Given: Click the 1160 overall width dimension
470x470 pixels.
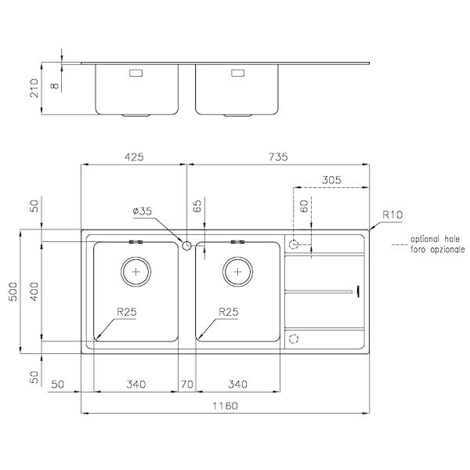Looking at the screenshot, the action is [225, 406].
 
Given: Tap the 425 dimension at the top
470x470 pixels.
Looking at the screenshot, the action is [134, 157].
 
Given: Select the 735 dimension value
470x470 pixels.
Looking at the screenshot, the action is [278, 157].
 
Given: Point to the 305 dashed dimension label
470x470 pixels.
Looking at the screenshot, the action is [331, 180].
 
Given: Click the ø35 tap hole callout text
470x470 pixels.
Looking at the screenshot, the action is [142, 211].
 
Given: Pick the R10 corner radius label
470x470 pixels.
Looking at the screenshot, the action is [392, 215].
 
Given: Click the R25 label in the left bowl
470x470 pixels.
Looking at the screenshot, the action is [126, 312].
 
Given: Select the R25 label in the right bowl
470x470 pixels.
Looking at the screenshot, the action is [229, 312].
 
